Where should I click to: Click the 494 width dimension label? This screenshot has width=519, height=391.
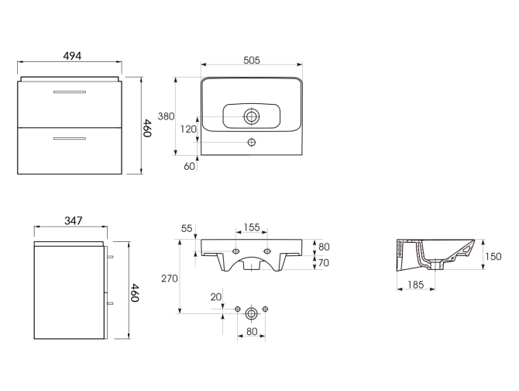point(70,56)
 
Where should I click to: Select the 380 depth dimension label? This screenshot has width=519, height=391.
point(166,116)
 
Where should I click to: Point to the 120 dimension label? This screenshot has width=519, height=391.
point(188,130)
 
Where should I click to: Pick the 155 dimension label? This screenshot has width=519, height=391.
point(251,227)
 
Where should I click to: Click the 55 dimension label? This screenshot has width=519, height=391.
point(187,228)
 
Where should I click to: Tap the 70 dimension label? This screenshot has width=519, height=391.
point(324,263)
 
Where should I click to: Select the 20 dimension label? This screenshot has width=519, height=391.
point(215,297)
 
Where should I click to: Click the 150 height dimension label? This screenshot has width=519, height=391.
point(493,256)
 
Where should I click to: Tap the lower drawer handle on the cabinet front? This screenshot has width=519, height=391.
point(69,139)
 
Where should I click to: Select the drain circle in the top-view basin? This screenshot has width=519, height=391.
point(251,117)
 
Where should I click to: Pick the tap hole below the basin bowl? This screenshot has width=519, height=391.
point(251,143)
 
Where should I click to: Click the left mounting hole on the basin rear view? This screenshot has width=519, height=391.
point(236,251)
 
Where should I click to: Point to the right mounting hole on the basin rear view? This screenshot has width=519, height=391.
point(266,251)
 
